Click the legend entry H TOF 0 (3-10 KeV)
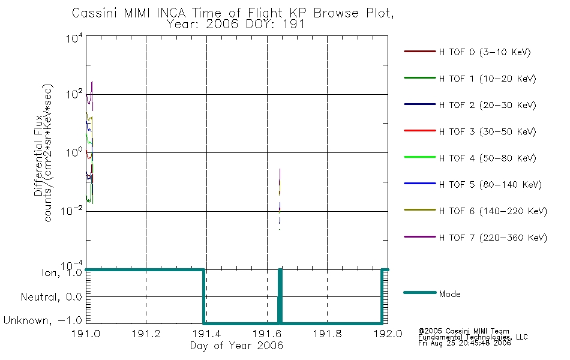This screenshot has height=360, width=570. click(x=485, y=52)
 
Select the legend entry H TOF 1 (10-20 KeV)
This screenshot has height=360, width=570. click(x=487, y=79)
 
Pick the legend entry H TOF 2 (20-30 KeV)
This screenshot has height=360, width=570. click(x=487, y=105)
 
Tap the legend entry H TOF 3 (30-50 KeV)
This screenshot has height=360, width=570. click(x=487, y=131)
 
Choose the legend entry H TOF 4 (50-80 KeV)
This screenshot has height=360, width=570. click(x=487, y=158)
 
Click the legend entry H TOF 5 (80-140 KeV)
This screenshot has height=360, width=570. click(x=490, y=185)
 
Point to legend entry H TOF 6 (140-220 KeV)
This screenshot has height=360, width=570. click(x=493, y=211)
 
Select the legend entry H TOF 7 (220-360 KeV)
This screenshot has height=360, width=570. click(x=493, y=238)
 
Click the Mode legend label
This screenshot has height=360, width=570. click(x=449, y=294)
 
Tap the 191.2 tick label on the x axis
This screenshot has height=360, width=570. click(x=146, y=334)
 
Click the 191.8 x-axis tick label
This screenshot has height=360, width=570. click(x=327, y=334)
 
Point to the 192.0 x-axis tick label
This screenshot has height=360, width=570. click(x=388, y=334)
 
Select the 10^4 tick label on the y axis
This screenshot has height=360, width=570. click(x=74, y=38)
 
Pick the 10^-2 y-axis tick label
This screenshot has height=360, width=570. click(x=72, y=211)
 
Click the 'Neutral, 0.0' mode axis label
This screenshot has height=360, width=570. click(x=51, y=297)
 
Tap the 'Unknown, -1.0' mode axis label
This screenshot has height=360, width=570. click(x=43, y=320)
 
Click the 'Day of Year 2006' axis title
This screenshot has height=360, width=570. click(x=236, y=346)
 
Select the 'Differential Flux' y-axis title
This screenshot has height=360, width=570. click(x=38, y=156)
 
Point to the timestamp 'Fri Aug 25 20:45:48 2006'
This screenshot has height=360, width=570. click(x=464, y=343)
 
